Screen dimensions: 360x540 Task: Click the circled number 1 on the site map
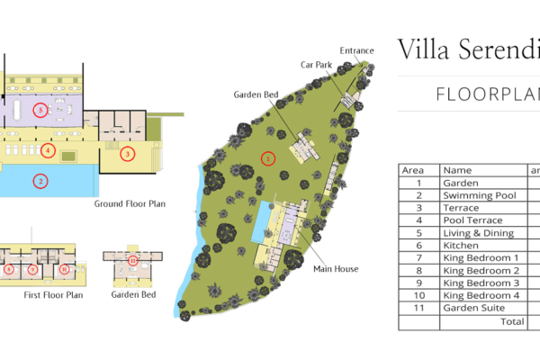tap(267, 158)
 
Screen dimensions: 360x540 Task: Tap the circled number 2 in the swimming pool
tap(40, 181)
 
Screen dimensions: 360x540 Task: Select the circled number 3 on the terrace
tap(128, 154)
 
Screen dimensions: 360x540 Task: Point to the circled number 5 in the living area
tap(39, 110)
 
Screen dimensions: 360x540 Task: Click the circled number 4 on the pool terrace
tap(48, 149)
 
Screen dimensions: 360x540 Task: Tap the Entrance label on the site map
tap(358, 50)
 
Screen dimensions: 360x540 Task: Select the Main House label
tap(335, 268)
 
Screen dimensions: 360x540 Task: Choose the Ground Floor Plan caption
tap(130, 204)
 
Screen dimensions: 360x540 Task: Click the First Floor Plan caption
tap(52, 294)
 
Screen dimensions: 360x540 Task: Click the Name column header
tap(457, 169)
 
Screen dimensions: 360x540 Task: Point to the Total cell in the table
tap(511, 320)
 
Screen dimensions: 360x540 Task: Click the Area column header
tap(412, 169)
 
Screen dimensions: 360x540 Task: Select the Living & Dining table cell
tap(479, 233)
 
